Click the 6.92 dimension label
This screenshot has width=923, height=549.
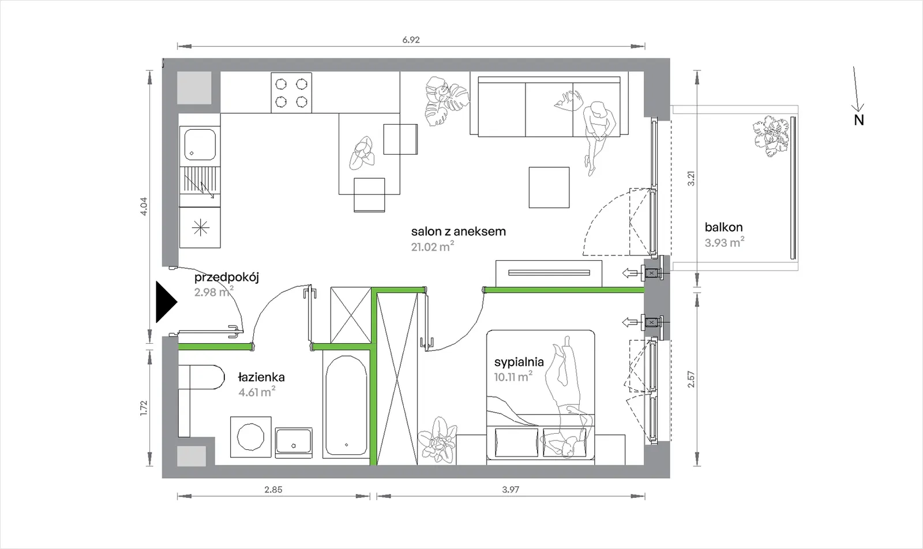411,40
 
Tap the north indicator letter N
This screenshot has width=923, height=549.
859,121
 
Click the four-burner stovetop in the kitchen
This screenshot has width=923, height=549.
291,93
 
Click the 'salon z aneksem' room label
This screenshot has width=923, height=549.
459,231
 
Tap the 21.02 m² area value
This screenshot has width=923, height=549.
433,247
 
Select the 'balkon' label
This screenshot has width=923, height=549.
723,227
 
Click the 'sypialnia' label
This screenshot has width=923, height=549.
519,362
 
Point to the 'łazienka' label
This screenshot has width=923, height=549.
262,377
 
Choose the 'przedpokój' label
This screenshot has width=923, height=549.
227,277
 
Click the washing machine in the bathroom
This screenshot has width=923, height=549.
251,437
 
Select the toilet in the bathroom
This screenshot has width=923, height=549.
201,377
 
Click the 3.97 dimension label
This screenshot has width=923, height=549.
511,490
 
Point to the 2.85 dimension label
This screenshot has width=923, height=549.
273,490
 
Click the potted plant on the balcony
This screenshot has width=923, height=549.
770,137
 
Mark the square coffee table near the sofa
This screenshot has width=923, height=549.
549,187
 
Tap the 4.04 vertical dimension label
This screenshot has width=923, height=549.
144,207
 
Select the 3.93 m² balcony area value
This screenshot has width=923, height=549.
725,243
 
